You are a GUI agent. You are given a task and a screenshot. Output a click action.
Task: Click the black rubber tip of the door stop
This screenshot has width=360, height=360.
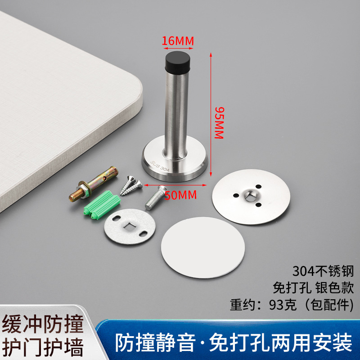pos(178,63)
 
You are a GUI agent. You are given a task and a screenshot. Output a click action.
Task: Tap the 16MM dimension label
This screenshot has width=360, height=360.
pos(178,41)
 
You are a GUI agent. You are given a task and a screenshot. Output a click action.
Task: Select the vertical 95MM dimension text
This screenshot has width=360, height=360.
pos(219,123)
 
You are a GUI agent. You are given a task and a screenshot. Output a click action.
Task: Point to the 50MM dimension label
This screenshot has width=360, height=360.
pos(181,195)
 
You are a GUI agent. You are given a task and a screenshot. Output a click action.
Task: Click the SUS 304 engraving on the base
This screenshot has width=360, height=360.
pos(160,166)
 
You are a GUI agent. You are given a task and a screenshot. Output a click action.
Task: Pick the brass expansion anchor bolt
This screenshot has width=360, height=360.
pos(94,183)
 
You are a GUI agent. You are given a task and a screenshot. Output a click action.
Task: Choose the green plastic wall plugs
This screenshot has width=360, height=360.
pos(102,205)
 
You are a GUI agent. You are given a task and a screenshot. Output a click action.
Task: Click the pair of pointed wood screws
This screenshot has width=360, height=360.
pos(131,185)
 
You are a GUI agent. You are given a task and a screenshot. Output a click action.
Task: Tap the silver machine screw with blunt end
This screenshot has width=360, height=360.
pos(156,198)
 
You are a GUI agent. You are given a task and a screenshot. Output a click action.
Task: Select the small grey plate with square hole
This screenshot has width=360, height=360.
pos(130,227)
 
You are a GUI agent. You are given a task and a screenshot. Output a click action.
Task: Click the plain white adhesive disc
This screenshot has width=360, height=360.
pos(203,247)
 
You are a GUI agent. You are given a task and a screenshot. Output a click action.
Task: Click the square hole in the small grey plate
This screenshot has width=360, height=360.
pos(129,226)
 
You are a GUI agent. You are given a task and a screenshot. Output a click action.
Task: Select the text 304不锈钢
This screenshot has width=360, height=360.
pos(323,271)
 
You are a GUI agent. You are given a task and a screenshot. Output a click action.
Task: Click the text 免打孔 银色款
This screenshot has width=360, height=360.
pos(313,288)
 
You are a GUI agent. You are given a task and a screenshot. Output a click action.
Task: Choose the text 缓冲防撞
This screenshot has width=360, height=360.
pos(43,324)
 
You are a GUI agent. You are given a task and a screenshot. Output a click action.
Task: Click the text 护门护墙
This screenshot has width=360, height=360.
pos(43,347)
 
